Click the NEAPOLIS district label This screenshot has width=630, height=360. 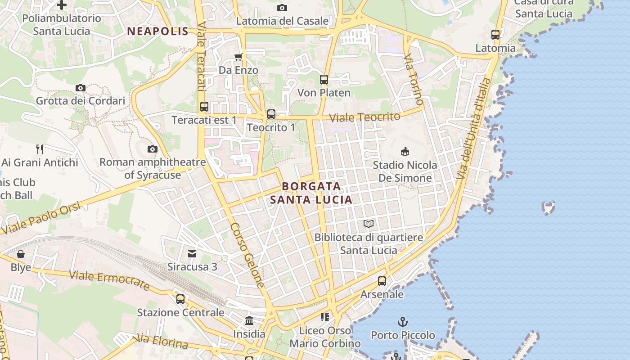click(157, 31)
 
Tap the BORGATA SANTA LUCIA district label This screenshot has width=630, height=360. click(311, 193)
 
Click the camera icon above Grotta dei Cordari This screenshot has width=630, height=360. click(81, 88)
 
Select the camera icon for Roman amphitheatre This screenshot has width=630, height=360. click(153, 149)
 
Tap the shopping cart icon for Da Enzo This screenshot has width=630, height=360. click(238, 57)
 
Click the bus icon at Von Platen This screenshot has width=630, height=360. click(324, 80)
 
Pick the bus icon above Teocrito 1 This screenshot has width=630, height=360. click(271, 114)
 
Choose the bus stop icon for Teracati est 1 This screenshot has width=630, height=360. click(204, 107)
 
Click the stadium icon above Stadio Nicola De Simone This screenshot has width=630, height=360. click(405, 151)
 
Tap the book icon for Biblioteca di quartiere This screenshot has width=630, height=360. click(369, 224)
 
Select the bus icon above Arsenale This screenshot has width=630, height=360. click(382, 281)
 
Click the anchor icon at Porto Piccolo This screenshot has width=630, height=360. click(403, 322)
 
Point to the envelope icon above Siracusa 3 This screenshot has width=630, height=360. click(192, 254)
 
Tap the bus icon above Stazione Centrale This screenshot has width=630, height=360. click(180, 299)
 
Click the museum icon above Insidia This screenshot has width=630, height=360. click(249, 321)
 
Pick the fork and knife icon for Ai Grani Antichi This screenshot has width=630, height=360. click(40, 149)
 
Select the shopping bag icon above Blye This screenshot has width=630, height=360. click(21, 254)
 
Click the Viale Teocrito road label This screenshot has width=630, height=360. click(364, 117)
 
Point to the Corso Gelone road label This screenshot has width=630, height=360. click(247, 255)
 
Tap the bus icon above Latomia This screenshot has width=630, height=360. click(495, 35)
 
